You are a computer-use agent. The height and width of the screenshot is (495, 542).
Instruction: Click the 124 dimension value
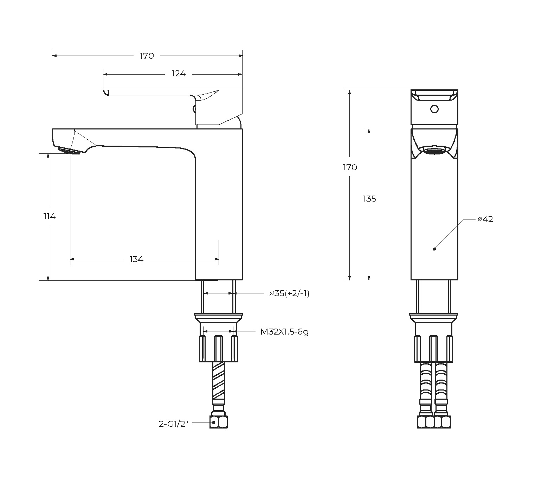(179, 74)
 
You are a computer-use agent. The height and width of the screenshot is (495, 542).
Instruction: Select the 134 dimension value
(136, 259)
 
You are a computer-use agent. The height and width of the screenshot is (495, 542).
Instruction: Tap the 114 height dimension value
(50, 216)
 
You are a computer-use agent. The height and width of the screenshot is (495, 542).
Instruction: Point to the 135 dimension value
(369, 199)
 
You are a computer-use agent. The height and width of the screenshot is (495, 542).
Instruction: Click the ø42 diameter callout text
(485, 219)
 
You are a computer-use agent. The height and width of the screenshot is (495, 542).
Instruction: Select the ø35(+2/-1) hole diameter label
(289, 293)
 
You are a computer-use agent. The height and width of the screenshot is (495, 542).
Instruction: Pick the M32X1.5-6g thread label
(284, 331)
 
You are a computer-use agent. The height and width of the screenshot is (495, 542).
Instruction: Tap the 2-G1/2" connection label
(174, 424)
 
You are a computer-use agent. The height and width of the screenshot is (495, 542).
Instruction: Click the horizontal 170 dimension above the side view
(147, 56)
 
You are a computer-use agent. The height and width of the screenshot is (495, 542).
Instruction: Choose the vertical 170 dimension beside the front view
(350, 167)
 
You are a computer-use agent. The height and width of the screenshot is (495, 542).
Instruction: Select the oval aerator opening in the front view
(434, 152)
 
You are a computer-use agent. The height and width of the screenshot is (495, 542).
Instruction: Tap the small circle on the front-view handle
(434, 109)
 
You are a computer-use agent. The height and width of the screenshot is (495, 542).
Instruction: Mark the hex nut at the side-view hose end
(219, 421)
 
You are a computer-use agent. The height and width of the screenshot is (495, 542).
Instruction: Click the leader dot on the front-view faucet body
(434, 249)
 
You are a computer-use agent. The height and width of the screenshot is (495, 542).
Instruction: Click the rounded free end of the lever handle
(105, 92)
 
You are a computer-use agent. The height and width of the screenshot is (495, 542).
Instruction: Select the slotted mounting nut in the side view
(218, 348)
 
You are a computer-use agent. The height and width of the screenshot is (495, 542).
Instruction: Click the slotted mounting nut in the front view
(434, 348)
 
